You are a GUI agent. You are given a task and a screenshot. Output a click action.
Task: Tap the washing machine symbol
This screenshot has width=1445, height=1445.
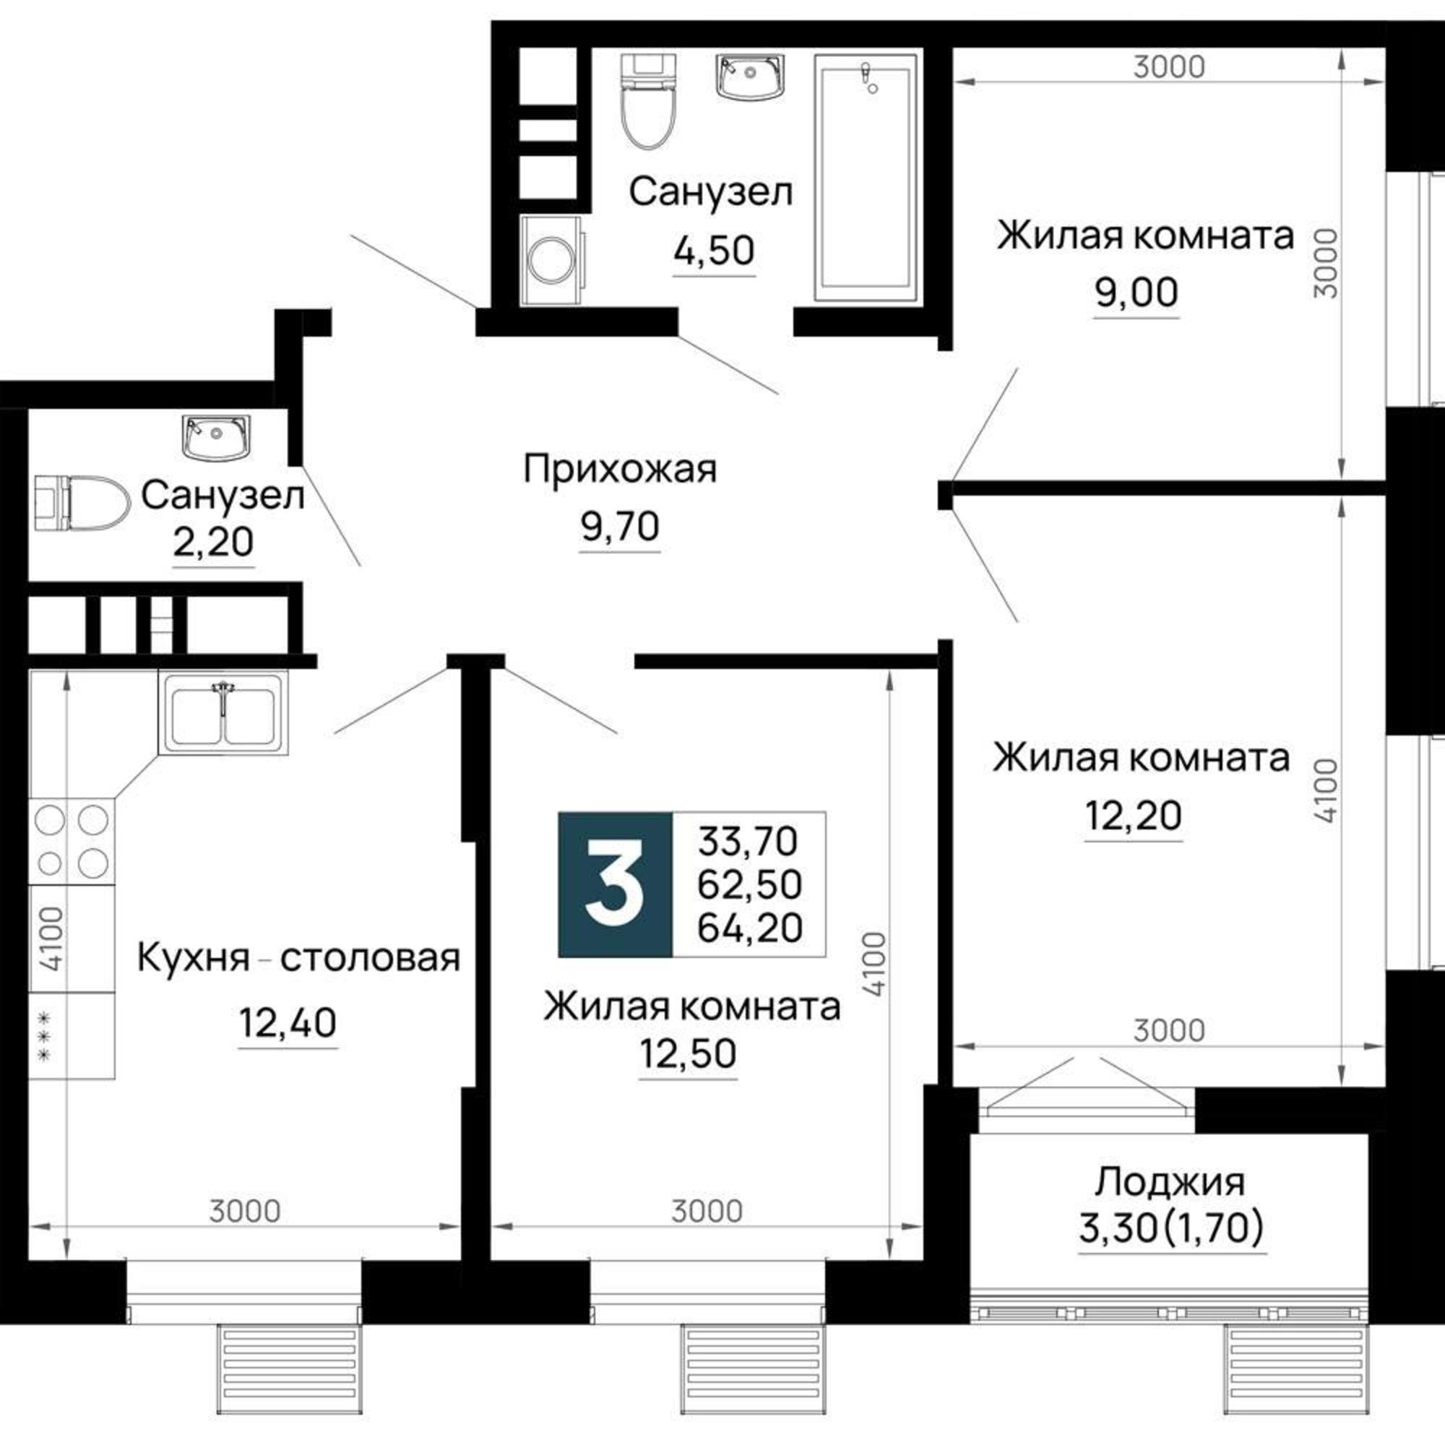coord(552,260)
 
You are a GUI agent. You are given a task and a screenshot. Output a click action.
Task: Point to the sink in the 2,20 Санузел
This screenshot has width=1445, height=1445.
coord(215,438)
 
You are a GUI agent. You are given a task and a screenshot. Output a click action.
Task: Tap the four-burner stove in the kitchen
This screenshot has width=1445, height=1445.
coord(72,841)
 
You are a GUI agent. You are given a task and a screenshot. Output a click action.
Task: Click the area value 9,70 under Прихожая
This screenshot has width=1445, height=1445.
coord(620,526)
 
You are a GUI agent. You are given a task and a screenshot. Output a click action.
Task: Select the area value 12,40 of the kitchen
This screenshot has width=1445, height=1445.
coord(288,1022)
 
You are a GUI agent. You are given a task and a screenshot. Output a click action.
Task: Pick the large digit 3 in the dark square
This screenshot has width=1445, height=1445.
coord(615,884)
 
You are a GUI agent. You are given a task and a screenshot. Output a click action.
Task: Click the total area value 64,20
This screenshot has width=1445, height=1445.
coord(749,928)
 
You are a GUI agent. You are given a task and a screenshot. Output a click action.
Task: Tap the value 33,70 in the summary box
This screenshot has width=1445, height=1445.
coord(748,842)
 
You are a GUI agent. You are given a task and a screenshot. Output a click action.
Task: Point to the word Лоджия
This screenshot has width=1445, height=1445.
coord(1170,1183)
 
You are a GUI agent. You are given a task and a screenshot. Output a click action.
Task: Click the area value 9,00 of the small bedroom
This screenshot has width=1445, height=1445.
coord(1136,292)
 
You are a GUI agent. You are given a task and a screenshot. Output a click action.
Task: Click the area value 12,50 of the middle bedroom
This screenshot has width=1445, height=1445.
coord(688,1053)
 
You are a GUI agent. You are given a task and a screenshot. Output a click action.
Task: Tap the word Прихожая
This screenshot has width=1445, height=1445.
coord(620,469)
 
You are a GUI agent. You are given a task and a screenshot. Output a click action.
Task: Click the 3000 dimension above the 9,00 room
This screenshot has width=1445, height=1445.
coord(1169,67)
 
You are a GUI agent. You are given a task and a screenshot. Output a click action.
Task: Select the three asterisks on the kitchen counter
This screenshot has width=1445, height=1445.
coord(44,1036)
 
